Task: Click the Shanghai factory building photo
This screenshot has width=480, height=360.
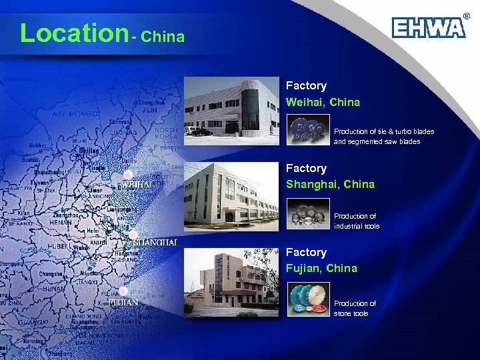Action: (x=231, y=193)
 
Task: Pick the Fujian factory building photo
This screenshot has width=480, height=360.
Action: (x=231, y=281)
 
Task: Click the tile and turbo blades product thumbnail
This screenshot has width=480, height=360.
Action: (x=308, y=131)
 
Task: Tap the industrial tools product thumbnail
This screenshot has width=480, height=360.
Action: (x=308, y=216)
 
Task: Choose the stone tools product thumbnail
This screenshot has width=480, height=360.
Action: (x=308, y=299)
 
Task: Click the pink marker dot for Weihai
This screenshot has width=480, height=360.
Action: (x=127, y=175)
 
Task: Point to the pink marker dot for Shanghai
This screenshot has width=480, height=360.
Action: (x=133, y=235)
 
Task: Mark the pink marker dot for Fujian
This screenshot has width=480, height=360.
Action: (x=123, y=291)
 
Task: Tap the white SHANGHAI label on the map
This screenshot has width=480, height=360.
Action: (x=155, y=243)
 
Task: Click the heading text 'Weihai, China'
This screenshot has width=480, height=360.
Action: (x=323, y=103)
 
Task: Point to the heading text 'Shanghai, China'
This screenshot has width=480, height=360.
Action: (x=330, y=185)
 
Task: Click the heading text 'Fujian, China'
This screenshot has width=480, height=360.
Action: (x=321, y=269)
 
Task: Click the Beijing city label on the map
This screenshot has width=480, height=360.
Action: (x=89, y=151)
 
